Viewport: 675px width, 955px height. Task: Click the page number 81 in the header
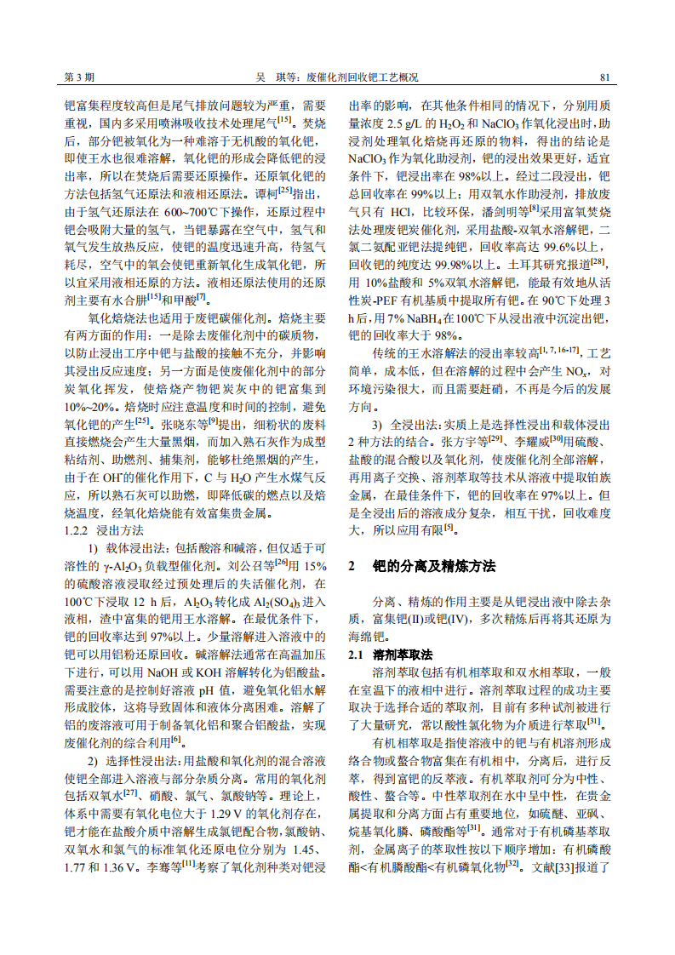(x=605, y=77)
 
